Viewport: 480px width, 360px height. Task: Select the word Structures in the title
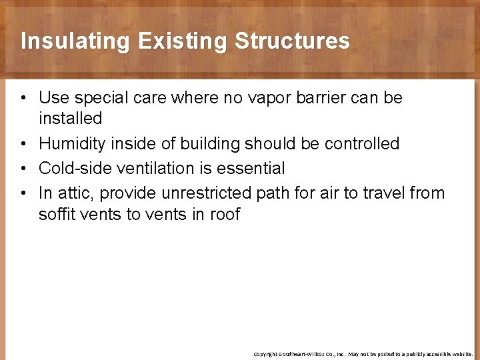coord(292,41)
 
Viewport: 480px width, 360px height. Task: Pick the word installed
coord(70,119)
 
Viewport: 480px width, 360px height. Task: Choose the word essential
coord(251,168)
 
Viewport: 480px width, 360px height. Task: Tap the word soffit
coord(57,214)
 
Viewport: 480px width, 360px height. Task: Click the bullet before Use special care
coord(23,99)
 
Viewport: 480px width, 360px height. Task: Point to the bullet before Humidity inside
coord(23,144)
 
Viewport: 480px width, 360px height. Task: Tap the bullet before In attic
coord(23,193)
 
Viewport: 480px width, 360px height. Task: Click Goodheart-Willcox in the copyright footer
coord(307,354)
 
